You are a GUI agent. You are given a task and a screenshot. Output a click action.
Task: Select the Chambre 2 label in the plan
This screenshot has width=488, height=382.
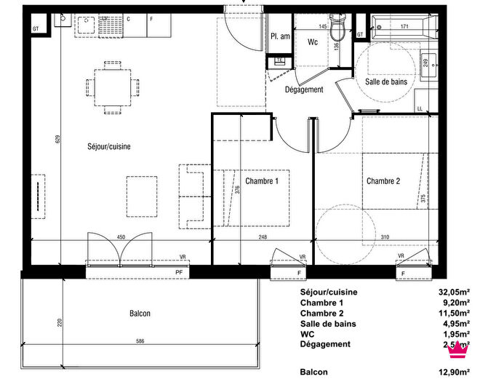(383, 180)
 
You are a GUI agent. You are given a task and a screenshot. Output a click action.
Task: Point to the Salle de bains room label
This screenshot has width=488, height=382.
(385, 84)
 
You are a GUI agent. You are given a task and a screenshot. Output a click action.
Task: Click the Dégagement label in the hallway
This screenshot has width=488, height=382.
(304, 89)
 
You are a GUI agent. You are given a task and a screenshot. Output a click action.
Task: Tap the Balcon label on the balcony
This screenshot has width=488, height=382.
(140, 314)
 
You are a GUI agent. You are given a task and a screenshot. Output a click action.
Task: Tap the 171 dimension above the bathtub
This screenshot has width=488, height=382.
(404, 27)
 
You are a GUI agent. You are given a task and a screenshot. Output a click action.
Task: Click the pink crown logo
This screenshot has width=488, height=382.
(457, 349)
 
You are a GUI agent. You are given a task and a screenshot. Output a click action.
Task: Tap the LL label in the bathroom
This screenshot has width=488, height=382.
(420, 108)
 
